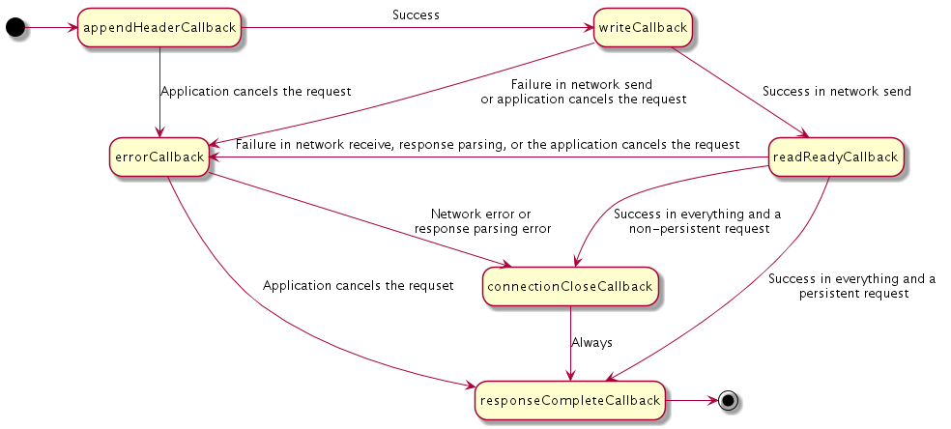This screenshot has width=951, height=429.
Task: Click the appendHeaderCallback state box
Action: click(x=159, y=27)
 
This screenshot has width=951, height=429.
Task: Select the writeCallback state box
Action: click(x=643, y=27)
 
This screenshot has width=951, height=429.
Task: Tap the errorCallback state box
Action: click(x=159, y=157)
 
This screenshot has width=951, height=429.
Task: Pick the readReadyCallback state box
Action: click(x=836, y=157)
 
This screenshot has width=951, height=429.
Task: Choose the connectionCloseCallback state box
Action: click(x=570, y=287)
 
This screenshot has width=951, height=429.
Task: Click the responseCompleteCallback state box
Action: click(x=570, y=401)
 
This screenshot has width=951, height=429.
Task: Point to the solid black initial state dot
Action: click(x=15, y=27)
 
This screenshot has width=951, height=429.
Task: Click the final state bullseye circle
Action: click(x=728, y=401)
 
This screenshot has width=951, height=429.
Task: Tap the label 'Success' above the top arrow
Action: click(x=416, y=15)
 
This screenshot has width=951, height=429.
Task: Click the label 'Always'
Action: click(x=591, y=342)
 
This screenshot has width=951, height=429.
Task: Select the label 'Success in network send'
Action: click(x=837, y=92)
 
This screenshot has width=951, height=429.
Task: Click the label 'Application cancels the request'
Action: click(x=256, y=92)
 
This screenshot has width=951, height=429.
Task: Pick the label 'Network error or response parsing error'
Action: click(x=482, y=221)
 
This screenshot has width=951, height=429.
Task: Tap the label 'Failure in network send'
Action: click(x=582, y=84)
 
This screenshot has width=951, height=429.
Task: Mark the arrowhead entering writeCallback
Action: click(x=589, y=27)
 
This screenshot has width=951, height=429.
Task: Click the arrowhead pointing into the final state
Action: click(x=712, y=401)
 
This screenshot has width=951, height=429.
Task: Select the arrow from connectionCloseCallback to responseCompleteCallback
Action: click(x=570, y=344)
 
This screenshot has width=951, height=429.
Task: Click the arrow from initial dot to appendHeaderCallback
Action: click(x=51, y=27)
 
